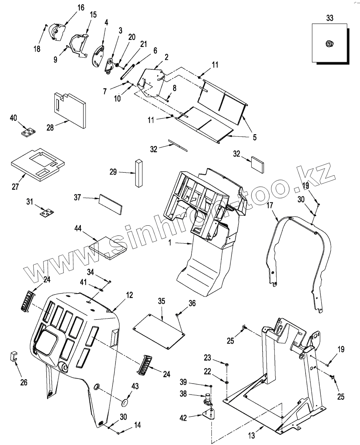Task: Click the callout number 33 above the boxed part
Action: coord(329,18)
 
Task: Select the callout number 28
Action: coord(50,127)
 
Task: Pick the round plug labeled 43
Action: coord(124,402)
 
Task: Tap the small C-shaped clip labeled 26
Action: coord(13,356)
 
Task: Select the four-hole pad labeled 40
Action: coord(28,132)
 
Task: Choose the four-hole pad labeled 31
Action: coord(47,213)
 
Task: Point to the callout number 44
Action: coord(78,229)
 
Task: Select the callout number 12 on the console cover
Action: coord(130,295)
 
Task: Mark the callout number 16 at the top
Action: coord(81,7)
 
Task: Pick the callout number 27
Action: coord(15,186)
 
